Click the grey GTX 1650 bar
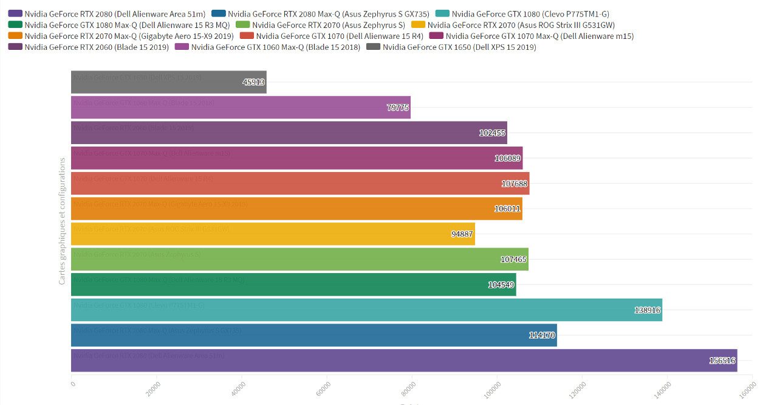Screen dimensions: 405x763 pyautogui.click(x=168, y=82)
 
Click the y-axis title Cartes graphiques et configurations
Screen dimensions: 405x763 pyautogui.click(x=63, y=221)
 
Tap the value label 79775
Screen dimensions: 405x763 pyautogui.click(x=398, y=108)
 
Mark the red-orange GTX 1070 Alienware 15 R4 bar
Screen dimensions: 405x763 pyautogui.click(x=300, y=184)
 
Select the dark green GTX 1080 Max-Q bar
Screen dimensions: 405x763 pyautogui.click(x=293, y=285)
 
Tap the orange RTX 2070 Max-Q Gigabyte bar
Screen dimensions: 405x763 pyautogui.click(x=296, y=209)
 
